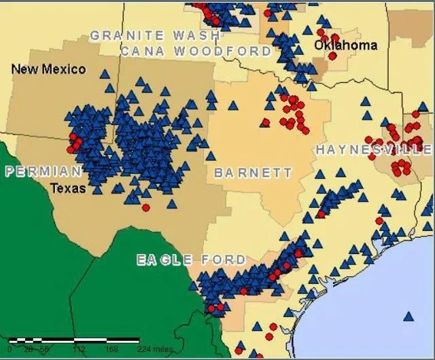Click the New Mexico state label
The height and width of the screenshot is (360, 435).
[49, 69]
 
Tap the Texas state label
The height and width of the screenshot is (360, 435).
[68, 187]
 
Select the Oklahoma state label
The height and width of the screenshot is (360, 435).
[345, 46]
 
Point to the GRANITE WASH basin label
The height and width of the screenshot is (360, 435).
[155, 35]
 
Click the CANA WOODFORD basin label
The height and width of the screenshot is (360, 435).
[196, 51]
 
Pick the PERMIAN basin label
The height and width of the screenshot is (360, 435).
[43, 171]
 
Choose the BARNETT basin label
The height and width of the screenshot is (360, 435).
[253, 173]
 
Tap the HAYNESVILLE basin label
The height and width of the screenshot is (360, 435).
[374, 149]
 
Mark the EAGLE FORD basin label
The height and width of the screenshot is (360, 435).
[191, 260]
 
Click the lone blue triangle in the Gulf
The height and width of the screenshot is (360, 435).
[408, 316]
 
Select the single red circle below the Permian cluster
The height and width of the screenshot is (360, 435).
[145, 207]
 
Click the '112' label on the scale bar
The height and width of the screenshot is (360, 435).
[78, 349]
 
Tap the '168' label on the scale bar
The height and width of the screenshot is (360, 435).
[111, 349]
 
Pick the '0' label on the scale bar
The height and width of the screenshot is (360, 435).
[10, 349]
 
